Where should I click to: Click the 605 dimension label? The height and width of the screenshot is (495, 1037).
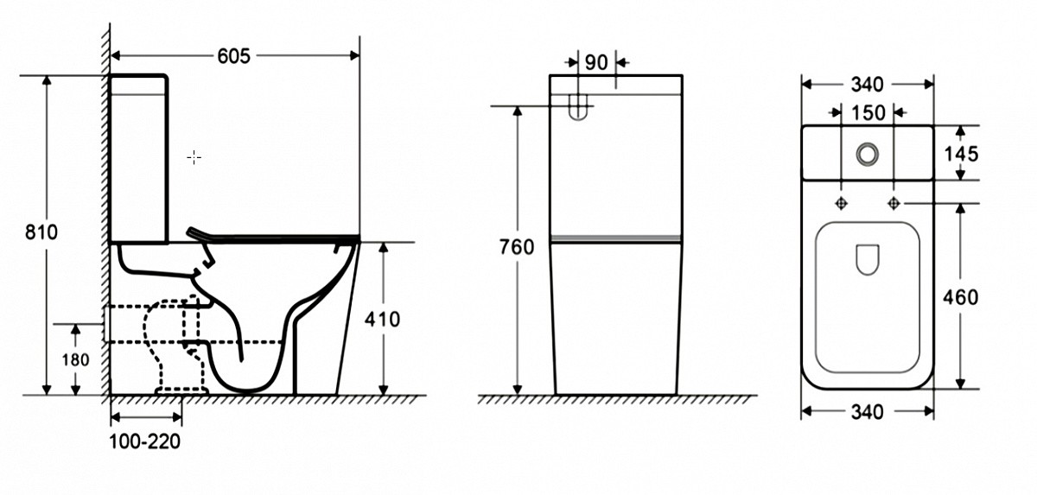click(234, 56)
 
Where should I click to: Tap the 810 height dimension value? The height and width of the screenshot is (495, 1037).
click(41, 232)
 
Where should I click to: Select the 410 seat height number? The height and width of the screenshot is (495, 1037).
click(382, 320)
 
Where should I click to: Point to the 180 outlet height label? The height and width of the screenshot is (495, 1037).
click(75, 359)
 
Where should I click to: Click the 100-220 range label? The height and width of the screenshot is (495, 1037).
click(145, 441)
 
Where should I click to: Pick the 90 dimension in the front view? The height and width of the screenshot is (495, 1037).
click(596, 62)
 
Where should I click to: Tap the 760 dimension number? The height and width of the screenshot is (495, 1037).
click(517, 247)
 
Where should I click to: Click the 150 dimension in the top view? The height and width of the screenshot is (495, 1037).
click(868, 113)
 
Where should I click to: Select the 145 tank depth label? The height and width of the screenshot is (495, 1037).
click(961, 154)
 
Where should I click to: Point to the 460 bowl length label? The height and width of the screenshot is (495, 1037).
click(961, 297)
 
